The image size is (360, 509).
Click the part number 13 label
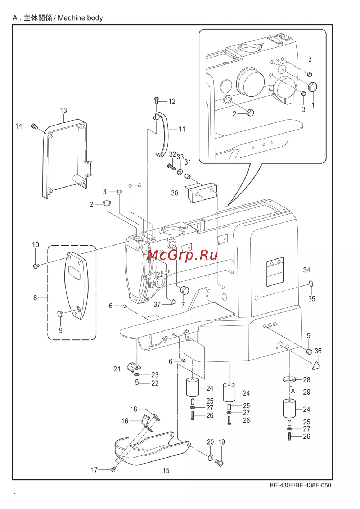pyautogui.click(x=63, y=111)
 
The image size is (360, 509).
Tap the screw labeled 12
pyautogui.click(x=157, y=100)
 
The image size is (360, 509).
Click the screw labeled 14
pyautogui.click(x=34, y=126)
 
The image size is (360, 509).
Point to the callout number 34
pyautogui.click(x=307, y=270)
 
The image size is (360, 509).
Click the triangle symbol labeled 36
pyautogui.click(x=317, y=365)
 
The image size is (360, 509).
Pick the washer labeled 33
pyautogui.click(x=180, y=172)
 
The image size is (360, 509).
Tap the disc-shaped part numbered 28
pyautogui.click(x=289, y=379)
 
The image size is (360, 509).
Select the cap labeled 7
pyautogui.click(x=184, y=290)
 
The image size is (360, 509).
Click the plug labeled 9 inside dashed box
pyautogui.click(x=60, y=314)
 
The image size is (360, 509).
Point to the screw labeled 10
pyautogui.click(x=36, y=265)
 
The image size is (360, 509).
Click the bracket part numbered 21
pyautogui.click(x=134, y=368)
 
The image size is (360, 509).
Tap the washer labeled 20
pyautogui.click(x=210, y=458)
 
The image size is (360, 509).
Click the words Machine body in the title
pyautogui.click(x=80, y=18)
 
